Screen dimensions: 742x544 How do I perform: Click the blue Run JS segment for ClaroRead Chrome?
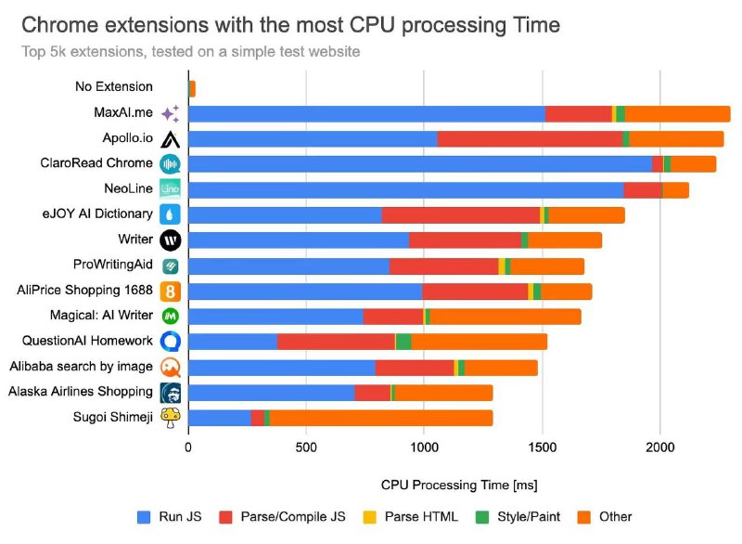420,164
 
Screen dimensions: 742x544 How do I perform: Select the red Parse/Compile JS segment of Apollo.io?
530,139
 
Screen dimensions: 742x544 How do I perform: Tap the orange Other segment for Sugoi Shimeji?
381,418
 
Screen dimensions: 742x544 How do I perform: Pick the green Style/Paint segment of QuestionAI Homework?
403,342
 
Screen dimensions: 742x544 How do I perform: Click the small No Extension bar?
192,88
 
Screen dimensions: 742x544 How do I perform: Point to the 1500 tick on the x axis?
543,447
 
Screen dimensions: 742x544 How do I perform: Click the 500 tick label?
306,447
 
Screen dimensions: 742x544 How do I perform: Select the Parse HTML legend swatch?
369,517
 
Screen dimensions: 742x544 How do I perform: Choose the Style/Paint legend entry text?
529,516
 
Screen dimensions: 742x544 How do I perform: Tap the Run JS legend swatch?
144,517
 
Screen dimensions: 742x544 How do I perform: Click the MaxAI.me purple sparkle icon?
171,113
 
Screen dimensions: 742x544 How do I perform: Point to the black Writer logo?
171,240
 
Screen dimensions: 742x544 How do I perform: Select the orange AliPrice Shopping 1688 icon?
171,291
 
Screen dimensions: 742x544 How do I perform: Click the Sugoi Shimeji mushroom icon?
171,418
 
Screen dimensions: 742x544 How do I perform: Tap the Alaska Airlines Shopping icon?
171,393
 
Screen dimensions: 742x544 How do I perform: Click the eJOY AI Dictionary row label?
97,214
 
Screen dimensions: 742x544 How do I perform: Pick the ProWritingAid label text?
112,265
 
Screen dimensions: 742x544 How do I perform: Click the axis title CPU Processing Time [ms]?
459,486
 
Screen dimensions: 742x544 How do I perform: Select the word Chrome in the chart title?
59,25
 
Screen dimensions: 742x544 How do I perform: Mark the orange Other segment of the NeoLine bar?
676,190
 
